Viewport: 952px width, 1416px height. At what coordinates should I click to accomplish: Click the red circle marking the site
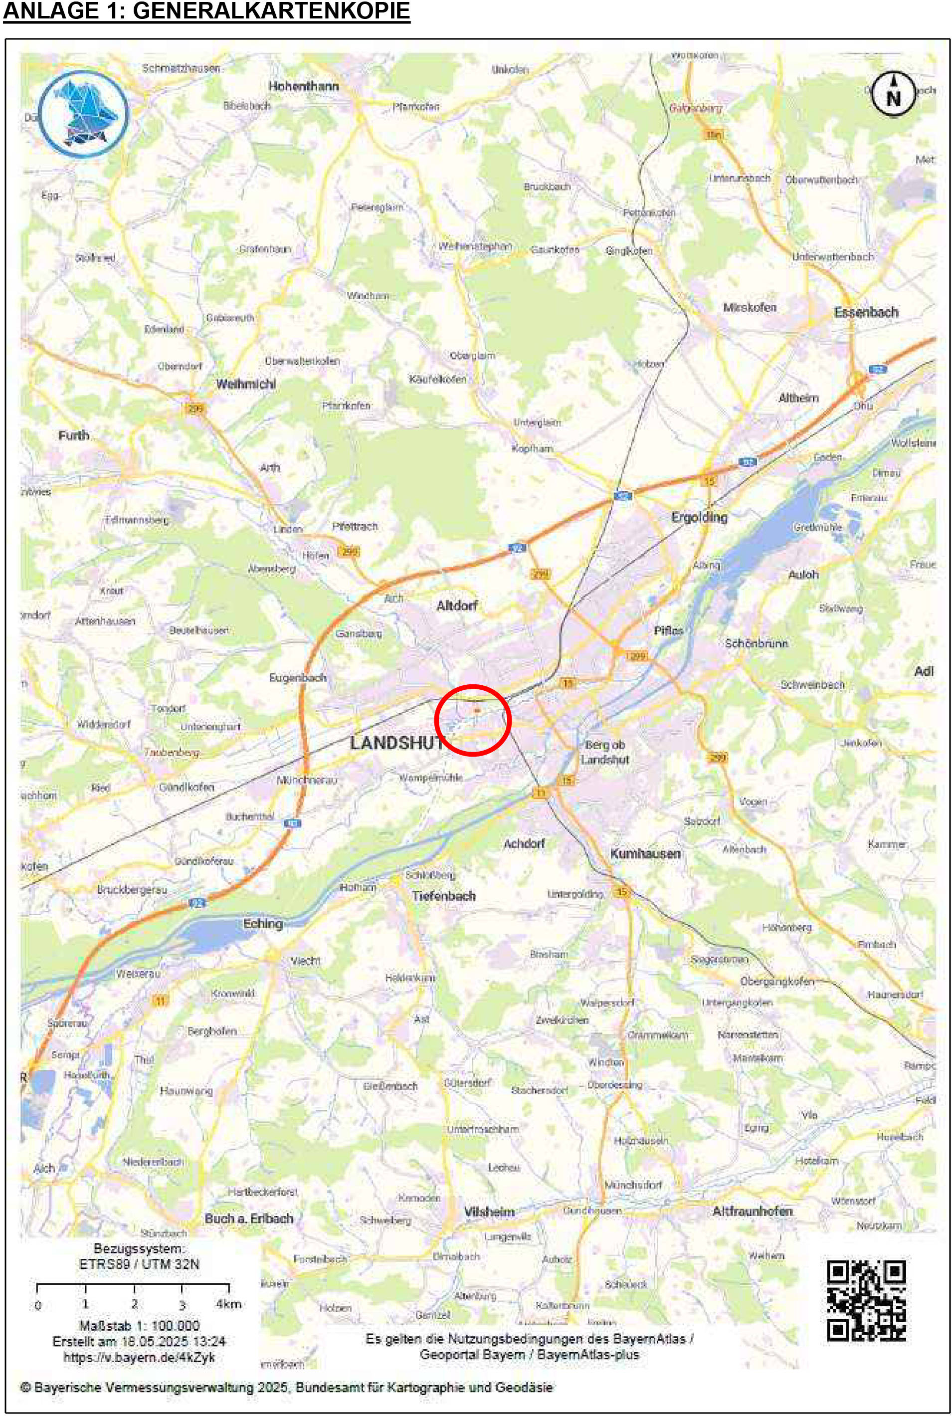click(473, 720)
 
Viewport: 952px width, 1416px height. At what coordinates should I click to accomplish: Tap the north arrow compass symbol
click(893, 94)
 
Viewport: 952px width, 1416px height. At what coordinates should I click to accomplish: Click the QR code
click(866, 1300)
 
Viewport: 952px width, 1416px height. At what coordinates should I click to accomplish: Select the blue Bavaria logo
click(83, 114)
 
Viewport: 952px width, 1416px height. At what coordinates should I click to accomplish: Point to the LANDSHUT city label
click(396, 743)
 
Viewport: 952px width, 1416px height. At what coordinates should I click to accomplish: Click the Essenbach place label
click(866, 312)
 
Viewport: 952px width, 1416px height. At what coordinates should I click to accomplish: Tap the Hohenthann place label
click(303, 86)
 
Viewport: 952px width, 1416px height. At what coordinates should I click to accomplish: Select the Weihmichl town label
click(245, 384)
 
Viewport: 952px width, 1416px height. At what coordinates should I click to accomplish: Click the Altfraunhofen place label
click(752, 1212)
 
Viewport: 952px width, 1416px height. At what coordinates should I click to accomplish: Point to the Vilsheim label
click(489, 1212)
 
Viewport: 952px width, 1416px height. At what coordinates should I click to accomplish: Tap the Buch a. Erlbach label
click(249, 1218)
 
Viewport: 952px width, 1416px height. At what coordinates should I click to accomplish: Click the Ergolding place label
click(699, 517)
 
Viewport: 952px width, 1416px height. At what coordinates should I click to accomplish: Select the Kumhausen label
click(645, 853)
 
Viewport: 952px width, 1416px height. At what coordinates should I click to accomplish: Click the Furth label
click(73, 435)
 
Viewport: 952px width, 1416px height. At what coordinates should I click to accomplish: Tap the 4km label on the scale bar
click(228, 1304)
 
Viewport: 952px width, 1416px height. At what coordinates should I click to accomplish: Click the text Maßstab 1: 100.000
click(139, 1326)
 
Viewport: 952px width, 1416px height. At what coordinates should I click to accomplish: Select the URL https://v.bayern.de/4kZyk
click(139, 1357)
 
